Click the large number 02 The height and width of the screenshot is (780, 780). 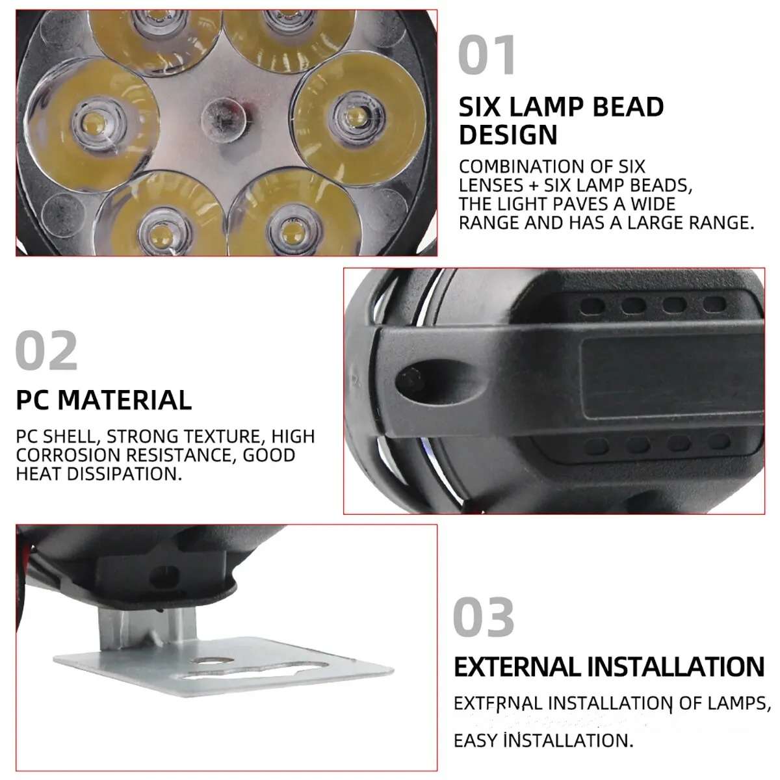46,351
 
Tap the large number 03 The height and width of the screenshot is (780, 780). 484,617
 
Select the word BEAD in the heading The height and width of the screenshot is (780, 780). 623,107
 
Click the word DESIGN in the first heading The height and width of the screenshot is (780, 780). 508,135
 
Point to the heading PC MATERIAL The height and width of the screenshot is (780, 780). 104,400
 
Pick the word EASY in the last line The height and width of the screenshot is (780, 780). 475,740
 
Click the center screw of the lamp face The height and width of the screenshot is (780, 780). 224,118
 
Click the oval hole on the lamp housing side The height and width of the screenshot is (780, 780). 411,379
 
